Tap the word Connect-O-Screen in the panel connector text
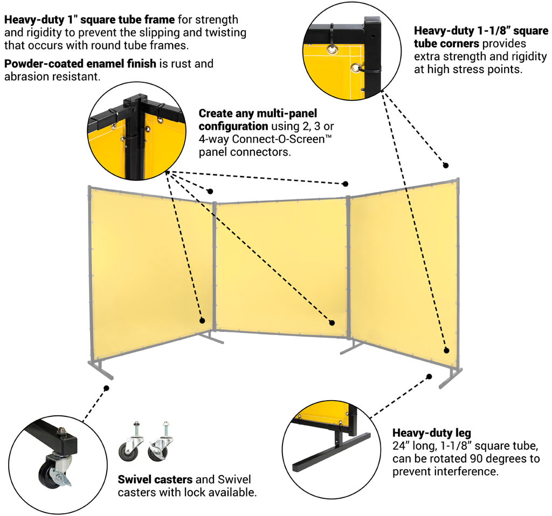tap(278, 139)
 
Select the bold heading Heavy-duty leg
tap(432, 433)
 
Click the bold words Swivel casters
tap(155, 479)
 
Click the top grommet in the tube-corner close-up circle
tap(332, 50)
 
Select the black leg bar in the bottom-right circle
tap(332, 453)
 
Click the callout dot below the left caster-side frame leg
tap(106, 388)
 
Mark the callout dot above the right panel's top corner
tap(445, 165)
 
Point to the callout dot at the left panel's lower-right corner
tap(202, 320)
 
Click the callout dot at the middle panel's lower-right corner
tap(332, 323)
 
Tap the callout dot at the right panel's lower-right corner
tap(446, 350)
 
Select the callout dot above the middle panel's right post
tap(346, 184)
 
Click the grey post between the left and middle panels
tap(214, 267)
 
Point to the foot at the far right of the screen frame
tap(451, 379)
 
